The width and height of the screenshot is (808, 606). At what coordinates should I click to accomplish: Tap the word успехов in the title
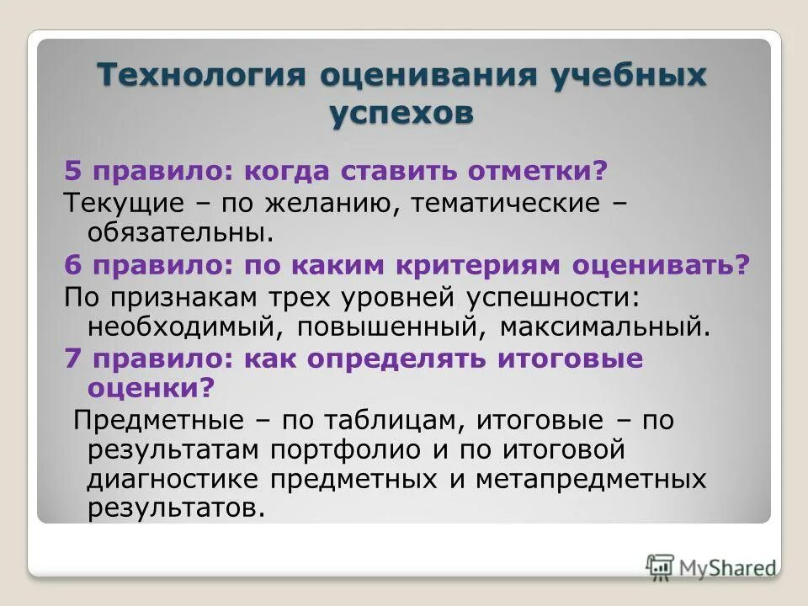coord(401,113)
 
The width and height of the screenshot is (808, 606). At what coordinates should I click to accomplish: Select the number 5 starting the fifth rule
coord(72,172)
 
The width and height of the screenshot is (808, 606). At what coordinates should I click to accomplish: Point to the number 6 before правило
coord(72,265)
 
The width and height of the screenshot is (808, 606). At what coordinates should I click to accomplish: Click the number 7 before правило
coord(72,359)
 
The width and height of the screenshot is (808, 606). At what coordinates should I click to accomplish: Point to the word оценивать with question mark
coord(662,265)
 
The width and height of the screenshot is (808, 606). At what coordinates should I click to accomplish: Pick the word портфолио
coord(345,450)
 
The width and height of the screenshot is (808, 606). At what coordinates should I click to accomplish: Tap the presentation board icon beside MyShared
coord(661,566)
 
